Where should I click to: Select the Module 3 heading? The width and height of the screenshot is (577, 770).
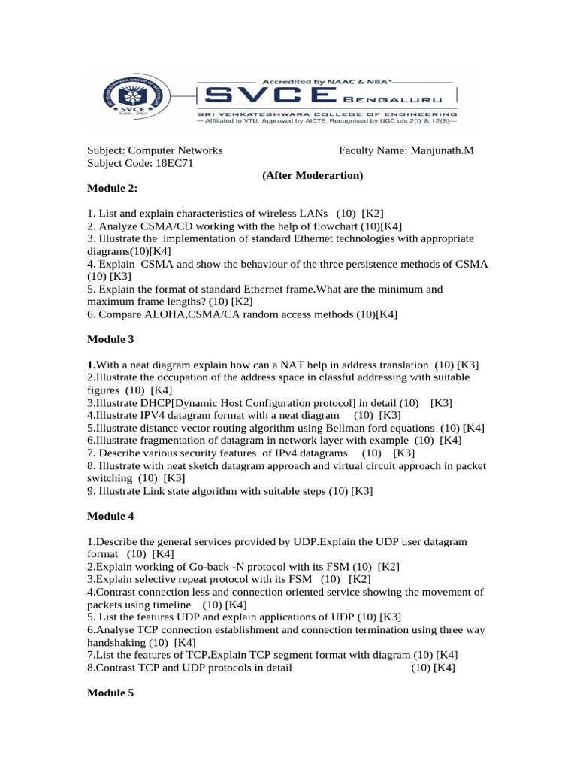click(110, 339)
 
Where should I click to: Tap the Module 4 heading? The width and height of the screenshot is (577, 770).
click(110, 517)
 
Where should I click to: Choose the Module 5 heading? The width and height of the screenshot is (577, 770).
click(110, 693)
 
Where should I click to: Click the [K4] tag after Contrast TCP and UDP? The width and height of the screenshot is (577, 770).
click(444, 668)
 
